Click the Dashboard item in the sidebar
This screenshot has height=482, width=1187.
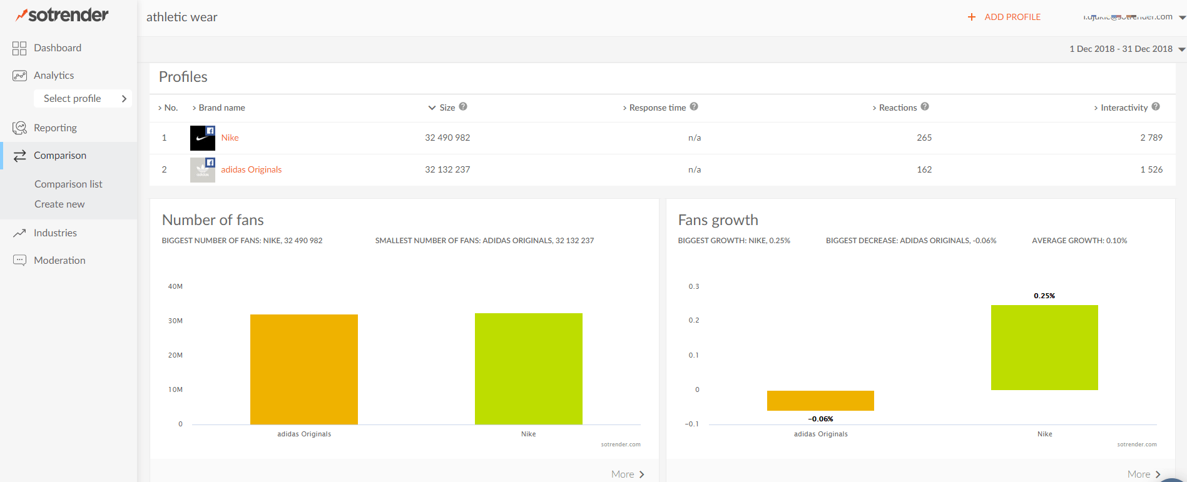click(x=57, y=48)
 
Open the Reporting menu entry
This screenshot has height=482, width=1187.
click(x=55, y=128)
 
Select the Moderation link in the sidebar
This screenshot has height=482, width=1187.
click(x=59, y=261)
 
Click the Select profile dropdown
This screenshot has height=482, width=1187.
click(x=83, y=99)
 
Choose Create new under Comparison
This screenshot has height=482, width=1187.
click(x=59, y=204)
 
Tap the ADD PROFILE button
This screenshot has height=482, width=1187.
click(x=1005, y=17)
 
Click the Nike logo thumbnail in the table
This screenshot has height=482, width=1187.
click(x=202, y=138)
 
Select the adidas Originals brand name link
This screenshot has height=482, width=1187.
click(x=251, y=169)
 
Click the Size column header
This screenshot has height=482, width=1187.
click(x=447, y=108)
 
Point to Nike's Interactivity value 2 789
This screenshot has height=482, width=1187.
click(x=1151, y=138)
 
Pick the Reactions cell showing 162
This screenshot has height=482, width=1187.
click(x=924, y=169)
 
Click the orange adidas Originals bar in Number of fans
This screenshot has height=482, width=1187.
click(x=304, y=369)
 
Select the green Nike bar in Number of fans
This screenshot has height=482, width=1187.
click(x=528, y=369)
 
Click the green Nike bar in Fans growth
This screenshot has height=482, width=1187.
click(x=1044, y=348)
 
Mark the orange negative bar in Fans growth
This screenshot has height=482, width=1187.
click(x=820, y=401)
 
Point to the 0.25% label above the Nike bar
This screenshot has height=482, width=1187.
click(x=1044, y=296)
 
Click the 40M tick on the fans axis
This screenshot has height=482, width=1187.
click(x=175, y=286)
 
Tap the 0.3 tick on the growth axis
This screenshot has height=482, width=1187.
click(x=693, y=286)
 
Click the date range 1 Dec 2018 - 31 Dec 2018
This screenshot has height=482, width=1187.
click(x=1121, y=49)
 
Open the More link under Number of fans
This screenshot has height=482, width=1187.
click(x=627, y=474)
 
